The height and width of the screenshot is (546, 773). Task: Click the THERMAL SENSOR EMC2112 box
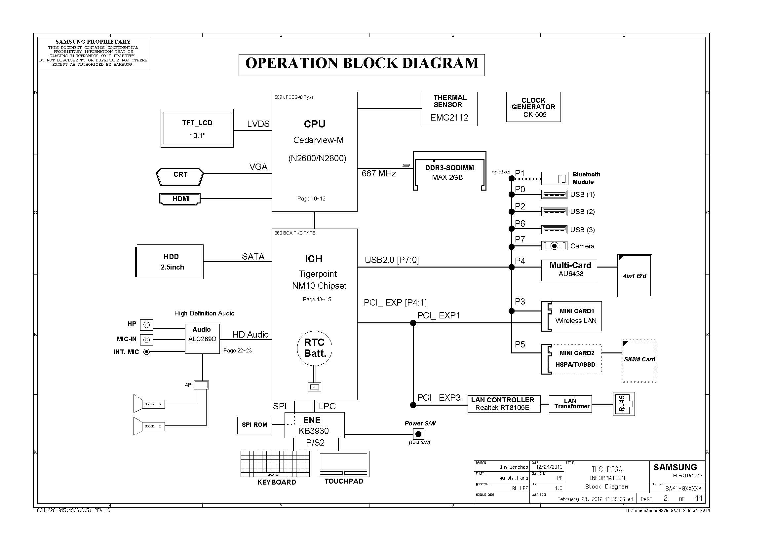(449, 109)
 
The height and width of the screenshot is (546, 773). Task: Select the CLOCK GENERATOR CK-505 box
(533, 107)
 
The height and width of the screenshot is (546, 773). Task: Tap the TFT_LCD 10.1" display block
(197, 128)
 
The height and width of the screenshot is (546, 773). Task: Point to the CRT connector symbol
(180, 177)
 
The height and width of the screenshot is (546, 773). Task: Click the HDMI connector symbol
(180, 199)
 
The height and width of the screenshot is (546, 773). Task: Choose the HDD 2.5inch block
(170, 262)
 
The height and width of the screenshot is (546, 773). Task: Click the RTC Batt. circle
(314, 348)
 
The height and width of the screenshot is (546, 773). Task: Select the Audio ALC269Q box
(202, 339)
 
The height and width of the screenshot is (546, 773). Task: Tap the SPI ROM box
(254, 425)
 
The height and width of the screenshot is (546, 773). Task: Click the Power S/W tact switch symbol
(418, 434)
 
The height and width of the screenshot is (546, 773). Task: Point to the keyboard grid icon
(275, 463)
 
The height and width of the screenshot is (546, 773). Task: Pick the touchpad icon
(343, 463)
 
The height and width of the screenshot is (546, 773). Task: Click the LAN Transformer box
(570, 404)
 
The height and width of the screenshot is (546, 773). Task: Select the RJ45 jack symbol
(624, 404)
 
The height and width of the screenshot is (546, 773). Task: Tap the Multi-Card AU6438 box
(569, 270)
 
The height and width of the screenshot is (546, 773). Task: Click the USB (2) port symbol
(554, 212)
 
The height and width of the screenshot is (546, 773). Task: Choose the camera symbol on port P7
(554, 246)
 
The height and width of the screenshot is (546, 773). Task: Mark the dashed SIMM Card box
(639, 361)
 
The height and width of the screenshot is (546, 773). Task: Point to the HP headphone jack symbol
(146, 325)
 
